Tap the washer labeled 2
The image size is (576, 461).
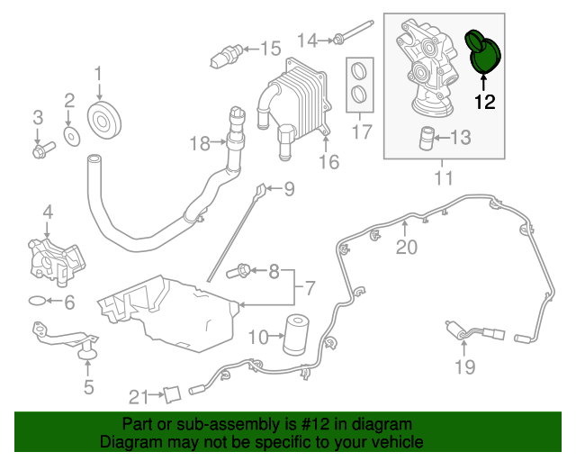pos(70,137)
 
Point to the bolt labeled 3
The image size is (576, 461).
pos(39,149)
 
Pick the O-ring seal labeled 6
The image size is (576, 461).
pos(35,300)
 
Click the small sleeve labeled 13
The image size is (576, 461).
pos(427,138)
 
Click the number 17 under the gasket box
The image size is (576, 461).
pos(361,132)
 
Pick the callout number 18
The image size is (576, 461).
pos(199,142)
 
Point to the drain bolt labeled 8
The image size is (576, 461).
pos(244,269)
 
